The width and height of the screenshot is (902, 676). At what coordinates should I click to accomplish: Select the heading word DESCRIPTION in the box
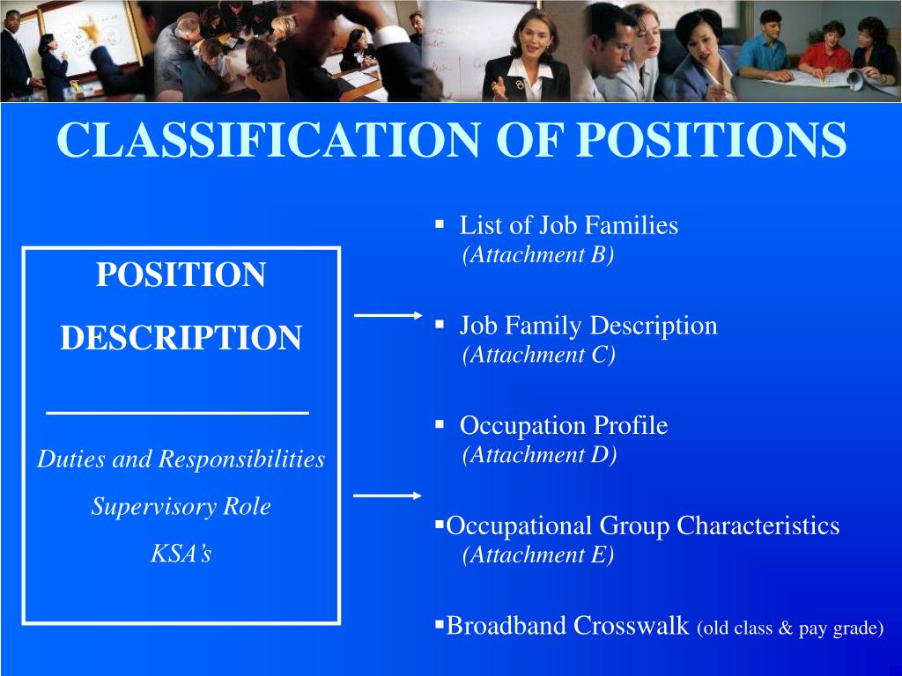coord(181,337)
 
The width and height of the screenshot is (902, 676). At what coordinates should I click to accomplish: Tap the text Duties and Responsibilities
coord(181,459)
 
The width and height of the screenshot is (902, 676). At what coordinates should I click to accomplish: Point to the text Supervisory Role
coord(181,506)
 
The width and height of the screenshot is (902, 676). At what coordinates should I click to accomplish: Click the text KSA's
coord(181,554)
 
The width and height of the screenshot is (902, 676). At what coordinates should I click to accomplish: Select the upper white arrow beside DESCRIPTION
coord(388,314)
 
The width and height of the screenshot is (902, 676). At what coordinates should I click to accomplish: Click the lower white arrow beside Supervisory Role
coord(388,496)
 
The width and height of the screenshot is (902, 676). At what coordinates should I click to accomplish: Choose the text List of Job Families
coord(568,225)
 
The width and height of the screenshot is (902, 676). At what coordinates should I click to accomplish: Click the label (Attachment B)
coord(537,254)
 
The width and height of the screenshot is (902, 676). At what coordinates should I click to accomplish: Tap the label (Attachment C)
coord(538,355)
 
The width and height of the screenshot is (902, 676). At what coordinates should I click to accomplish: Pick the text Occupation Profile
coord(564,426)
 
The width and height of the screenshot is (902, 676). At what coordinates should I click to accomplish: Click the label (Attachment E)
coord(538,555)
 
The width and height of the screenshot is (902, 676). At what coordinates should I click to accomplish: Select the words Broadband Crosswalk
coord(567,625)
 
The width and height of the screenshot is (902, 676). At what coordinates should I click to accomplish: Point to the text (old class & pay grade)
coord(789,628)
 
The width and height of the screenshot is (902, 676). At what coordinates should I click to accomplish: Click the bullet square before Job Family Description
coord(439,325)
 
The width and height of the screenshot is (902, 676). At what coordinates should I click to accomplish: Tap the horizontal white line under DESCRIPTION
coord(177,412)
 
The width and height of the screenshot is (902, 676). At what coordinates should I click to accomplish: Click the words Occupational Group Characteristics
coord(643,526)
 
